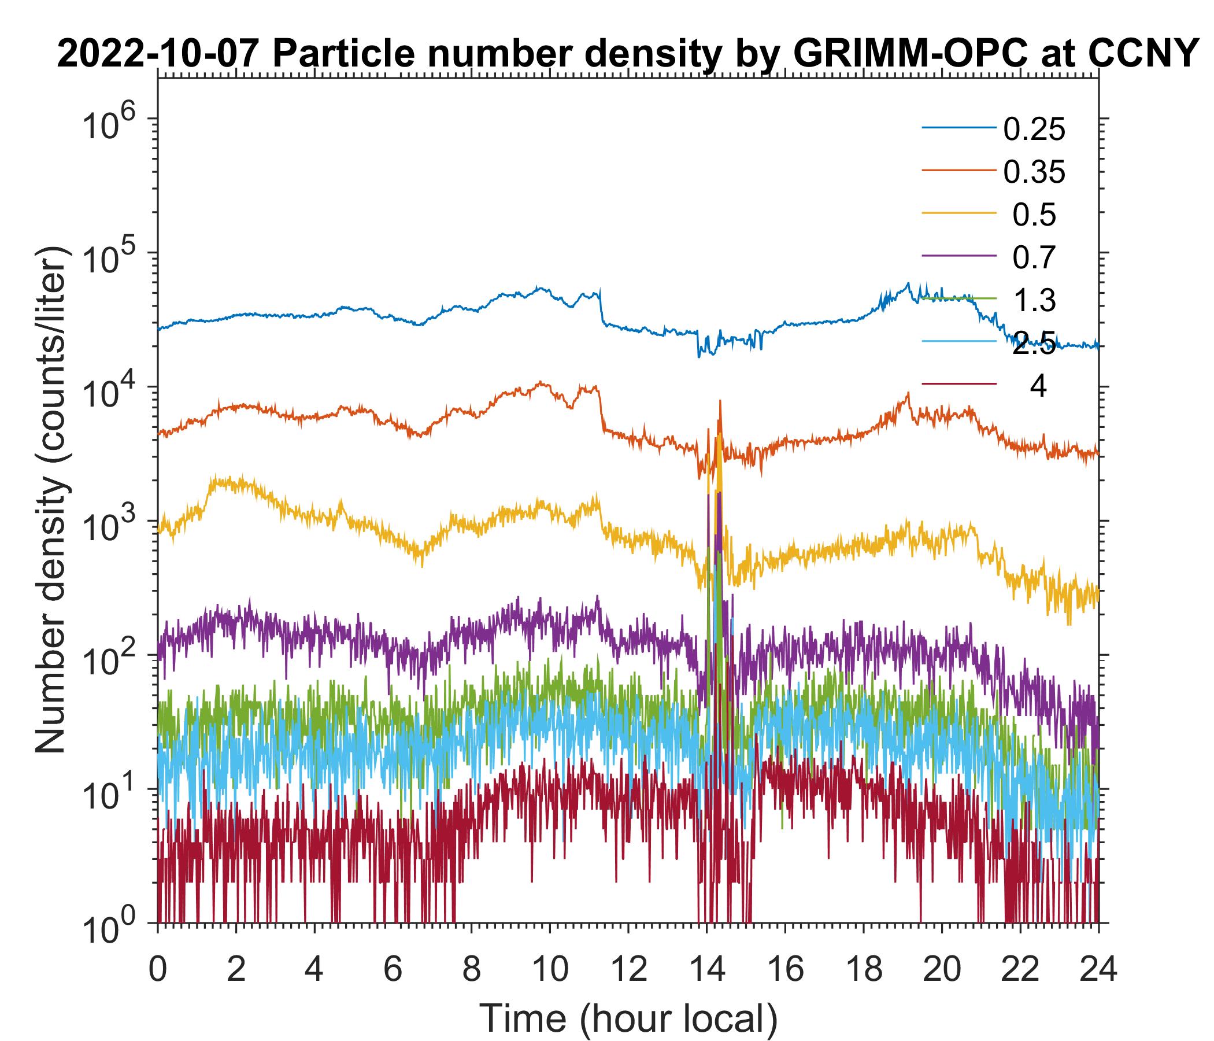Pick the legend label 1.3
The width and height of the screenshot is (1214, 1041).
(x=1034, y=300)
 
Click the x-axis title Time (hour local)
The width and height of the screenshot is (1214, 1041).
(x=629, y=1017)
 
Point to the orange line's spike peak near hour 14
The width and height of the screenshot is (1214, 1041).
(x=720, y=402)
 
